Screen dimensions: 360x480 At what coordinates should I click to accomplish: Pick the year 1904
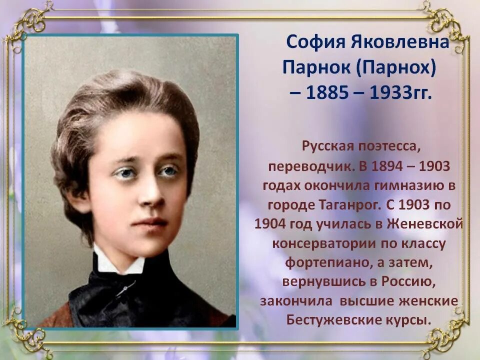click(x=269, y=224)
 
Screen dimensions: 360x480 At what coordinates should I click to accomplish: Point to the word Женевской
click(x=422, y=224)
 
